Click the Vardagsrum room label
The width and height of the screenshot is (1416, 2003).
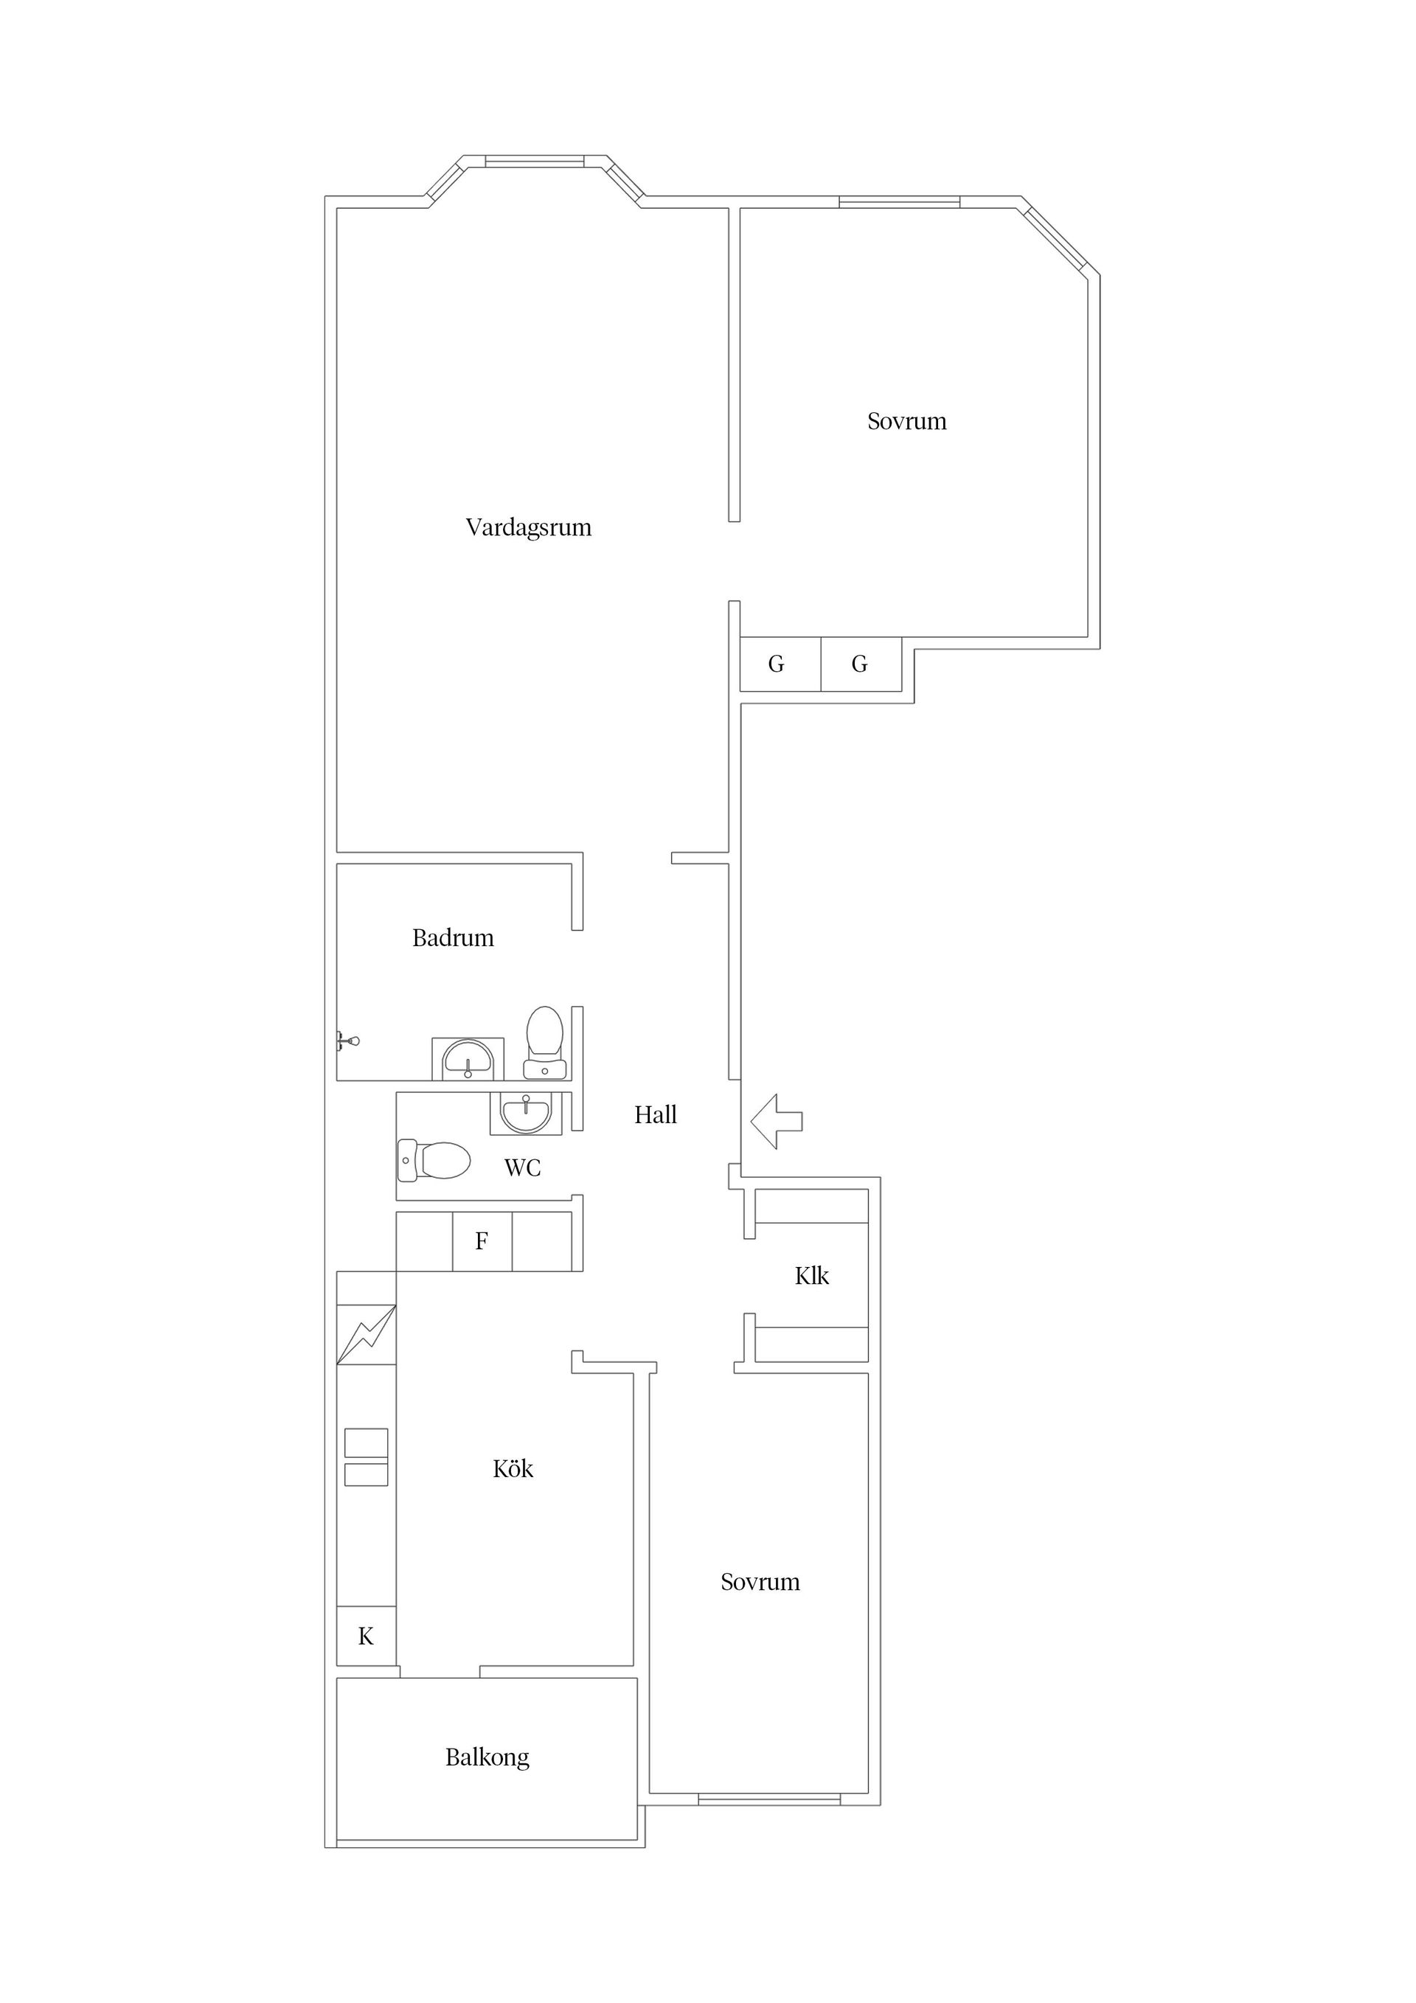[x=529, y=528]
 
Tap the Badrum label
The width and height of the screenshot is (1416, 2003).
[x=453, y=938]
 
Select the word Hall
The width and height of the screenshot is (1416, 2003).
[x=655, y=1114]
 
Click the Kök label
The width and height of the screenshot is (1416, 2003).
[x=513, y=1469]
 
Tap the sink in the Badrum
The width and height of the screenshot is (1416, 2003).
[x=468, y=1058]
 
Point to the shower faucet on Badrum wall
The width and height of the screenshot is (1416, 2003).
[x=348, y=1041]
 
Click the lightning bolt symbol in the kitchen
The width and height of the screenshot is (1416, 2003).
[x=367, y=1334]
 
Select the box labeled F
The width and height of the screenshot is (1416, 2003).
[x=482, y=1241]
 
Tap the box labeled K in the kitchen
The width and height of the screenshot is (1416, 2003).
[x=367, y=1636]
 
